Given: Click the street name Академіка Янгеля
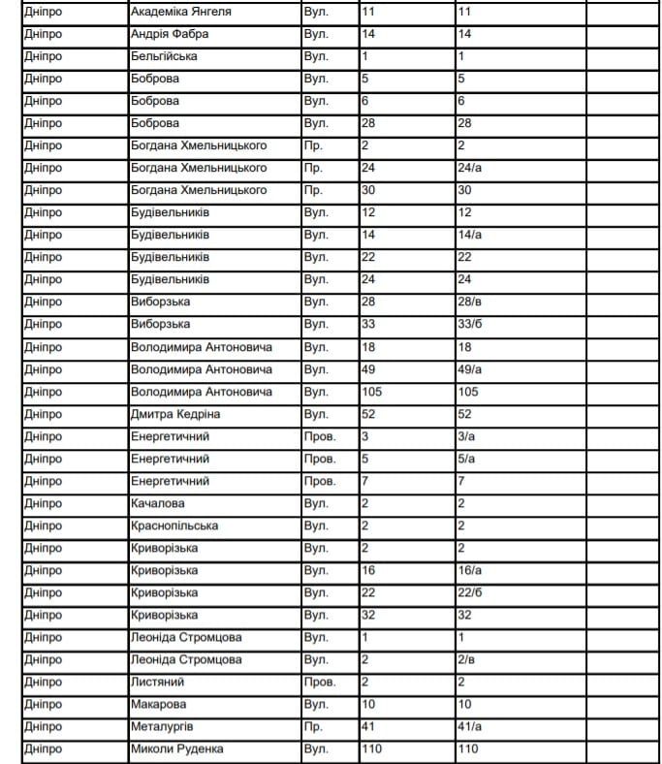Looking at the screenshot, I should coord(180,13).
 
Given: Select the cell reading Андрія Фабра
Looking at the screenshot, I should coord(170,35).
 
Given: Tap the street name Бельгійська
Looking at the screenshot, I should coord(164,57).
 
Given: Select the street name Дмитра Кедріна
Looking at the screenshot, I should coord(175,414).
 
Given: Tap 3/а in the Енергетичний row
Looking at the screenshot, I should coord(466,436).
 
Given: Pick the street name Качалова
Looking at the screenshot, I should coord(157,503).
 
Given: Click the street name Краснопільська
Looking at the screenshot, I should coord(173,525).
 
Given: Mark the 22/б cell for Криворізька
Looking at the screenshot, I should coord(470,592).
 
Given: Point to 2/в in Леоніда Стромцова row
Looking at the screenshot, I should coord(466,659).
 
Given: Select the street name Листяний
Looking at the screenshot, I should coord(157,682).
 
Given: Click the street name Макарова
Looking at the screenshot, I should coord(158,704).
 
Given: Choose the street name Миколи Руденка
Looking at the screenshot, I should coord(176,748).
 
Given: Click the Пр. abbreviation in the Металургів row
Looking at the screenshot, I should coord(313,726).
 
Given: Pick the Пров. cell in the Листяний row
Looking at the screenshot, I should coord(320,682).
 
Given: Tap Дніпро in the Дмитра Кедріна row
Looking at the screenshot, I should coord(44,414).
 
